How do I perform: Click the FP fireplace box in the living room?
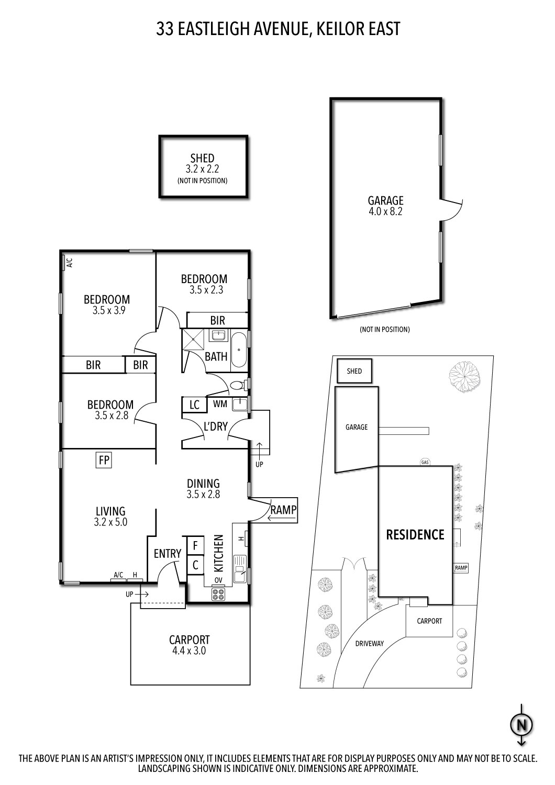104,460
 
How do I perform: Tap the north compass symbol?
521,725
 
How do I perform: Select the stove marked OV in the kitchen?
218,594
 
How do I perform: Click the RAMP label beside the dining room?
283,509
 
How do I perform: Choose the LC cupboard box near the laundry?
194,405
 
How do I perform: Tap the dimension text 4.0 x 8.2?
385,212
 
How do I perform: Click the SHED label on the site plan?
354,371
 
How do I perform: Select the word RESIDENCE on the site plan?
415,535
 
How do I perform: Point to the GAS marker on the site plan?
425,463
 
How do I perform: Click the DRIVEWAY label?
370,643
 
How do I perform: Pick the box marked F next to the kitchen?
195,546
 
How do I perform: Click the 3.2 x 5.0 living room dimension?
110,522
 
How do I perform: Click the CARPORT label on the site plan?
429,621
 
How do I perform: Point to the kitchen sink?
240,568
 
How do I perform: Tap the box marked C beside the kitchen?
195,565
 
